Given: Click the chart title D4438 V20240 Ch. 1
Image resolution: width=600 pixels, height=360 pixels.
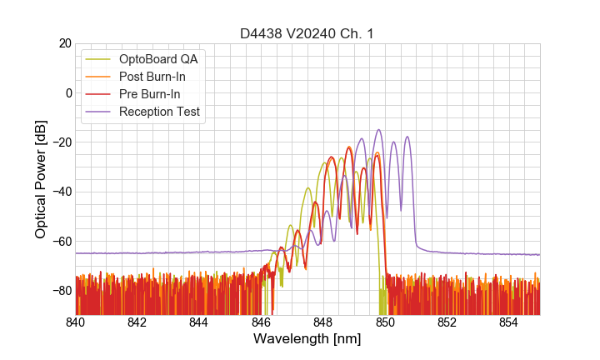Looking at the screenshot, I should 307,33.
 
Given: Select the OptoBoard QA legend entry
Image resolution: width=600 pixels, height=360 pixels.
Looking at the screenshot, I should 158,59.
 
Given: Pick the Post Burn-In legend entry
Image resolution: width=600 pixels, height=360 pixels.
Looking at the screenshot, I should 152,77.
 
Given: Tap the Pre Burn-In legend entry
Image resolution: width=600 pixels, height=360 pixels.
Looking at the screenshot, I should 149,94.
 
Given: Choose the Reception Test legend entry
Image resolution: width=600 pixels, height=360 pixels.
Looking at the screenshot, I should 159,112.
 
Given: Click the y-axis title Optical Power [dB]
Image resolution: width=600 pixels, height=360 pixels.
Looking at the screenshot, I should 41,178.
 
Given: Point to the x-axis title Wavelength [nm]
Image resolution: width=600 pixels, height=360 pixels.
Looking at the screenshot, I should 307,339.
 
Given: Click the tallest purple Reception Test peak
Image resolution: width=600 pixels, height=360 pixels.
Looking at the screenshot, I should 379,130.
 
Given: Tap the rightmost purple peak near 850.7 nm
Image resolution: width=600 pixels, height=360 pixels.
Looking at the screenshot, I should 407,137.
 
